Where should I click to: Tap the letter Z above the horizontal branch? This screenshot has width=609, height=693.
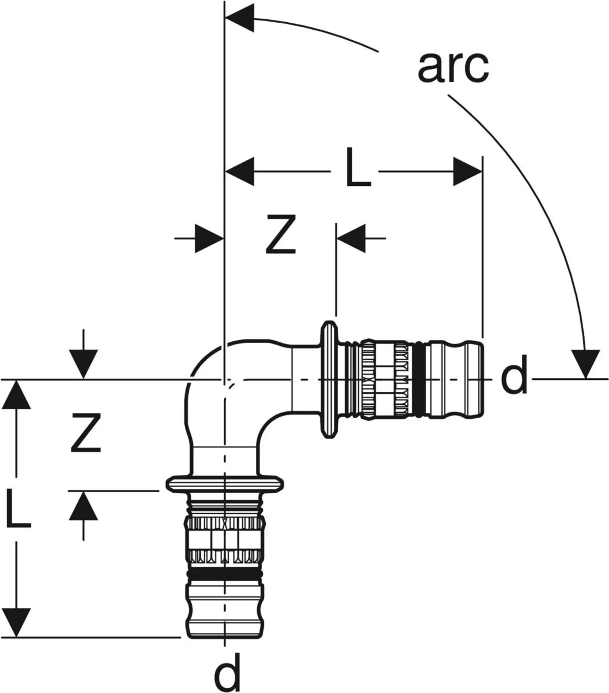tap(281, 234)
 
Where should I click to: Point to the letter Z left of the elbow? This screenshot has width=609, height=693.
tap(86, 433)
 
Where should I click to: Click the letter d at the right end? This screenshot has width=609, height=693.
tap(514, 375)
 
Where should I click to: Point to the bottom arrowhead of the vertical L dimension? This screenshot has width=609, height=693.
tap(16, 623)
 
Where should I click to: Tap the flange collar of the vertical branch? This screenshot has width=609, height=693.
tap(225, 484)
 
